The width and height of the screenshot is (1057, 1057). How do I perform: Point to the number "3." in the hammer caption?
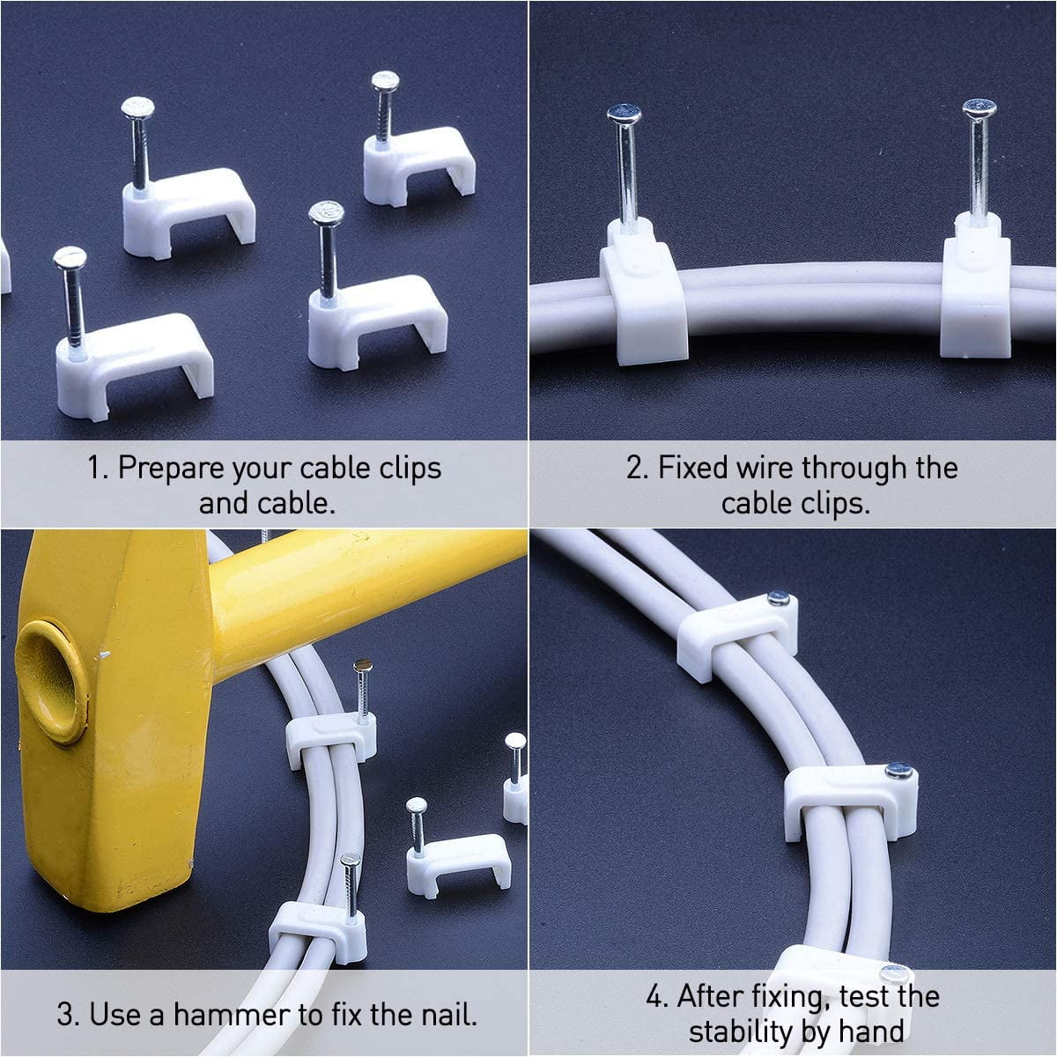point(69,1015)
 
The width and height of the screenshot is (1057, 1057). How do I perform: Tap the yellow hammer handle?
point(370,581)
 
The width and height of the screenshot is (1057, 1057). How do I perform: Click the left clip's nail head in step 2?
point(624,114)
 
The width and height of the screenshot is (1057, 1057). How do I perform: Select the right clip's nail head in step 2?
point(979,108)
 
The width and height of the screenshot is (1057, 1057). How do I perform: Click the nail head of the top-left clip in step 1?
point(137,108)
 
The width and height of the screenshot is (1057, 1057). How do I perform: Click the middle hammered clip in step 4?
point(850,797)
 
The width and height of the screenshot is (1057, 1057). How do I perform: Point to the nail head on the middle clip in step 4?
point(898,771)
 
